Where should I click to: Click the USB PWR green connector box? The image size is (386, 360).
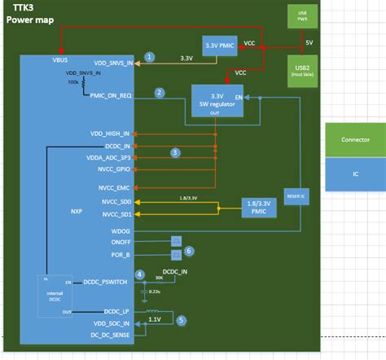point(302,15)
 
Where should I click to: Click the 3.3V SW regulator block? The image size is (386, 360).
point(217,102)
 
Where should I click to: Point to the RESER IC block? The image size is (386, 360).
point(296,195)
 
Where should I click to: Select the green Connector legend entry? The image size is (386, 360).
point(355,139)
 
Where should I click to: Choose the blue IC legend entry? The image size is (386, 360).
point(355,172)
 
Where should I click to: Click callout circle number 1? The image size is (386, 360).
point(149,57)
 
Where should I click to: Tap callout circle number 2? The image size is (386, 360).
point(160,93)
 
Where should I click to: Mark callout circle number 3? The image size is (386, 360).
point(174,151)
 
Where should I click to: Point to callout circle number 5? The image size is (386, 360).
point(182,320)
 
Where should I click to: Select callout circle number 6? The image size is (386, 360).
point(189,251)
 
